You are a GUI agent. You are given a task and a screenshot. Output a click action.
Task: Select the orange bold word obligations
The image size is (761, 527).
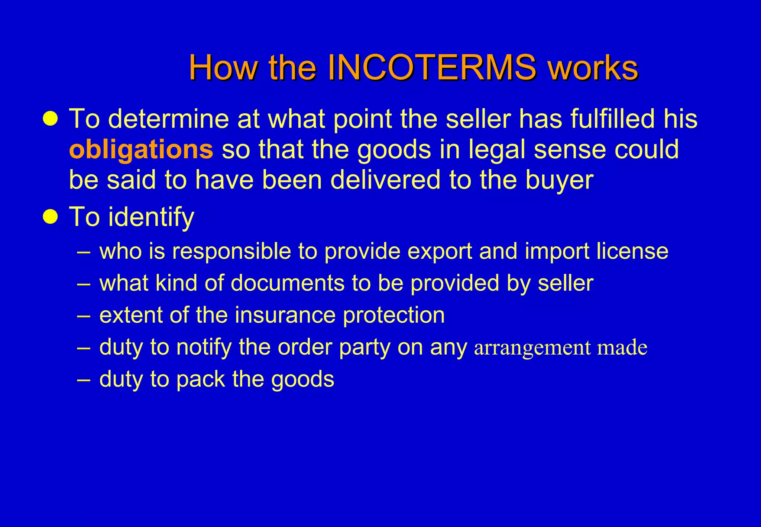click(141, 149)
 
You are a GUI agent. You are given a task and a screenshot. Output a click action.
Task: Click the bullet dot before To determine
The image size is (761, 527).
click(50, 119)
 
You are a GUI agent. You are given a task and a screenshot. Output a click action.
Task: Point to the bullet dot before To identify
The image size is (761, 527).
click(50, 216)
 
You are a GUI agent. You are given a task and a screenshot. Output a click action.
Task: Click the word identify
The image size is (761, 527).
click(151, 217)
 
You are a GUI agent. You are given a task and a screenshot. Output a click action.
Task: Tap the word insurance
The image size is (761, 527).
click(285, 315)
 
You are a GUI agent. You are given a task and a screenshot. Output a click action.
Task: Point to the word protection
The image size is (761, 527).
click(394, 316)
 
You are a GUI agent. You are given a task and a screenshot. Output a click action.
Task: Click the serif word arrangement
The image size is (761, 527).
click(532, 348)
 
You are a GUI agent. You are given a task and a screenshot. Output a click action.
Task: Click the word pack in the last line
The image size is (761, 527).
click(200, 379)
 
